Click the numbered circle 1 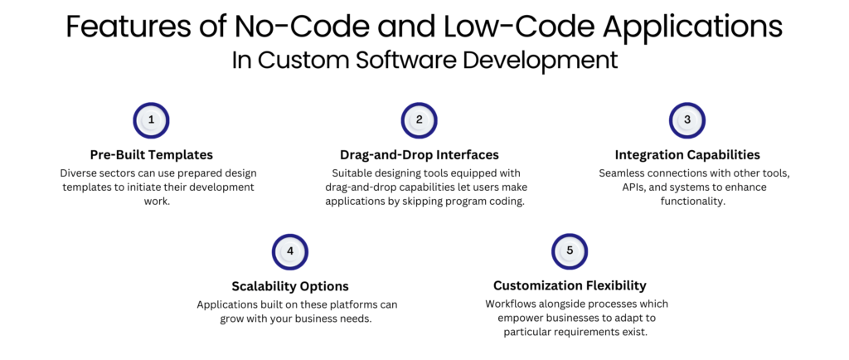(151, 120)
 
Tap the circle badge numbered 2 (420, 120)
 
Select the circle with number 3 (687, 120)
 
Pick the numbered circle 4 (290, 251)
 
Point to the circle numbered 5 (570, 251)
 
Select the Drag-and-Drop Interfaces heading (419, 155)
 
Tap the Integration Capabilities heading (687, 155)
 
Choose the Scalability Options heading (289, 286)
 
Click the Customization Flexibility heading (570, 286)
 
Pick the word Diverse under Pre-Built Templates (81, 173)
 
